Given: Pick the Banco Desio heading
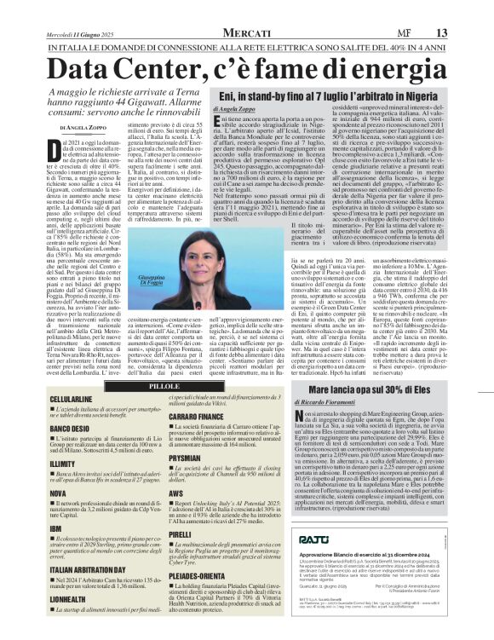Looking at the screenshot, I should (x=47, y=427).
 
